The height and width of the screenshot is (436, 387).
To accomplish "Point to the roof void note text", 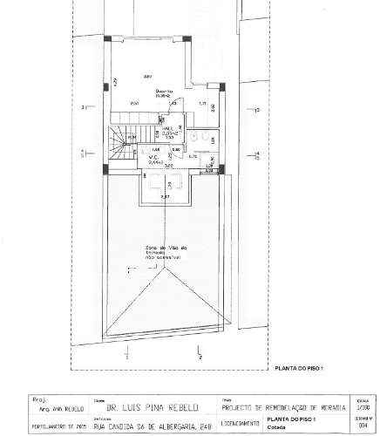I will (160, 252).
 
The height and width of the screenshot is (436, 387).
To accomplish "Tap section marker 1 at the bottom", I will (127, 358).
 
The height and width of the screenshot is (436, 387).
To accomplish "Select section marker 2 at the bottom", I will (200, 358).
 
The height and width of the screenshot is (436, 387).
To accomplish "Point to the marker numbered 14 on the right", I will (256, 154).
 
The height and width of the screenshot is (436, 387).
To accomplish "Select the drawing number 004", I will (363, 426).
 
